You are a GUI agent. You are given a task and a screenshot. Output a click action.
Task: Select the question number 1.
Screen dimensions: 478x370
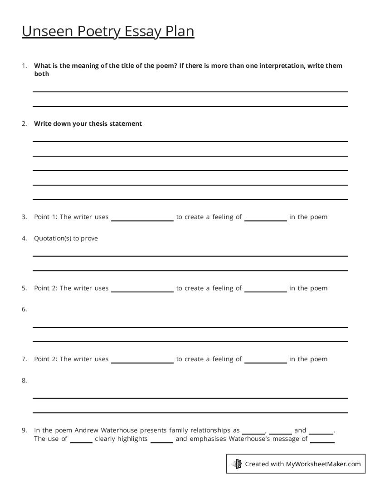click(24, 66)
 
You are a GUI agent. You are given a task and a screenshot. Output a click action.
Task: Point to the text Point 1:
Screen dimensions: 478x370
click(46, 217)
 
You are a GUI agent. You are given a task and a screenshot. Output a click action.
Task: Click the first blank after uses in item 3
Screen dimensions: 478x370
click(142, 217)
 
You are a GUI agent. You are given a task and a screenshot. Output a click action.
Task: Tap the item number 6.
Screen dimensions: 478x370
click(24, 310)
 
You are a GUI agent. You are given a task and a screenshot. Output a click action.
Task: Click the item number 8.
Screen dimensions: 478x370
click(24, 381)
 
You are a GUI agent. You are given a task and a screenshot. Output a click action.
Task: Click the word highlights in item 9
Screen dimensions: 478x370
click(132, 438)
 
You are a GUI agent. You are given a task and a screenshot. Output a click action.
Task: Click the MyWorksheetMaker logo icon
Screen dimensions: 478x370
click(237, 464)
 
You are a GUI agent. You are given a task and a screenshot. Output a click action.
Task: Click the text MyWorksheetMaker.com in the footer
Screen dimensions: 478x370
click(323, 464)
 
